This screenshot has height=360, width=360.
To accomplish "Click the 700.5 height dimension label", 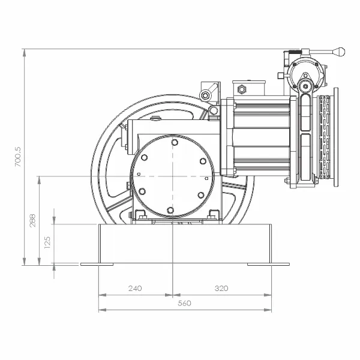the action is pyautogui.click(x=17, y=157).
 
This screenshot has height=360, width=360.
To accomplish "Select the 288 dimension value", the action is pyautogui.click(x=33, y=221).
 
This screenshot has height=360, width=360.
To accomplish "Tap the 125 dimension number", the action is pyautogui.click(x=47, y=242).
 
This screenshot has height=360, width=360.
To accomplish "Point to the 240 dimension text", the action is pyautogui.click(x=135, y=288).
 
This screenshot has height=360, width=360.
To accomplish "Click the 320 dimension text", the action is pyautogui.click(x=221, y=288).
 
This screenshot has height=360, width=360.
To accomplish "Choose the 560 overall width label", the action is pyautogui.click(x=184, y=303).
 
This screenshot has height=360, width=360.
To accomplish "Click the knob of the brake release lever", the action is pyautogui.click(x=339, y=52).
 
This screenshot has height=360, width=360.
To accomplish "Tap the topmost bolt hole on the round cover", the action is pyautogui.click(x=175, y=142).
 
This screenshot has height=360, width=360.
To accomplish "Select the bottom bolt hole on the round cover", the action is pyautogui.click(x=170, y=210).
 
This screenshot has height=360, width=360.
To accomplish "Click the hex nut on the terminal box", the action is pyautogui.click(x=241, y=89).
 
